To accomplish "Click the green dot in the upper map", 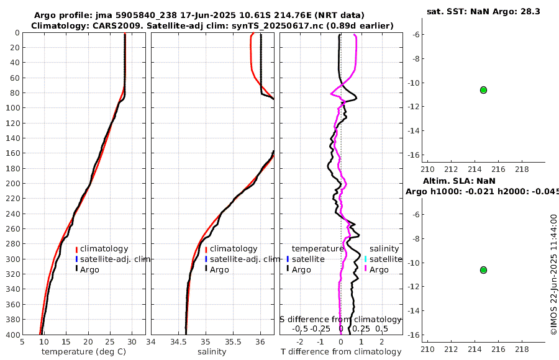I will (483, 90).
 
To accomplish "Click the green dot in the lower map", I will (483, 270).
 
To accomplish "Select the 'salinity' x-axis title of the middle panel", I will (212, 352).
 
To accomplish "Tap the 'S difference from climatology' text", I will (340, 318).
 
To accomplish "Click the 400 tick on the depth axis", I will (12, 335).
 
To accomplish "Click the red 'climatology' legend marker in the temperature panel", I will (76, 250).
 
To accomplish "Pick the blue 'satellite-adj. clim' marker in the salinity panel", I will (206, 259).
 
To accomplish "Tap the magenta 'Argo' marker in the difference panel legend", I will (366, 269).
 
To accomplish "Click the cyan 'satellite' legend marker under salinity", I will (366, 259).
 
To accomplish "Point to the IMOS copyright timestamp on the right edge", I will (553, 275).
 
